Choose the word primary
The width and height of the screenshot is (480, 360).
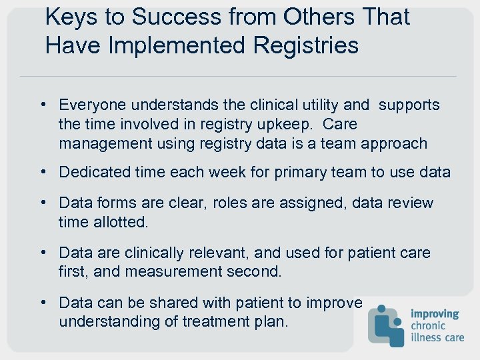click(278, 172)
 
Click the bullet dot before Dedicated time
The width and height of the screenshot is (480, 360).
click(43, 172)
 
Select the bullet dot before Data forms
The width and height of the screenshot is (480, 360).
click(43, 203)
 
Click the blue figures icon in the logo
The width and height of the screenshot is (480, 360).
click(387, 325)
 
